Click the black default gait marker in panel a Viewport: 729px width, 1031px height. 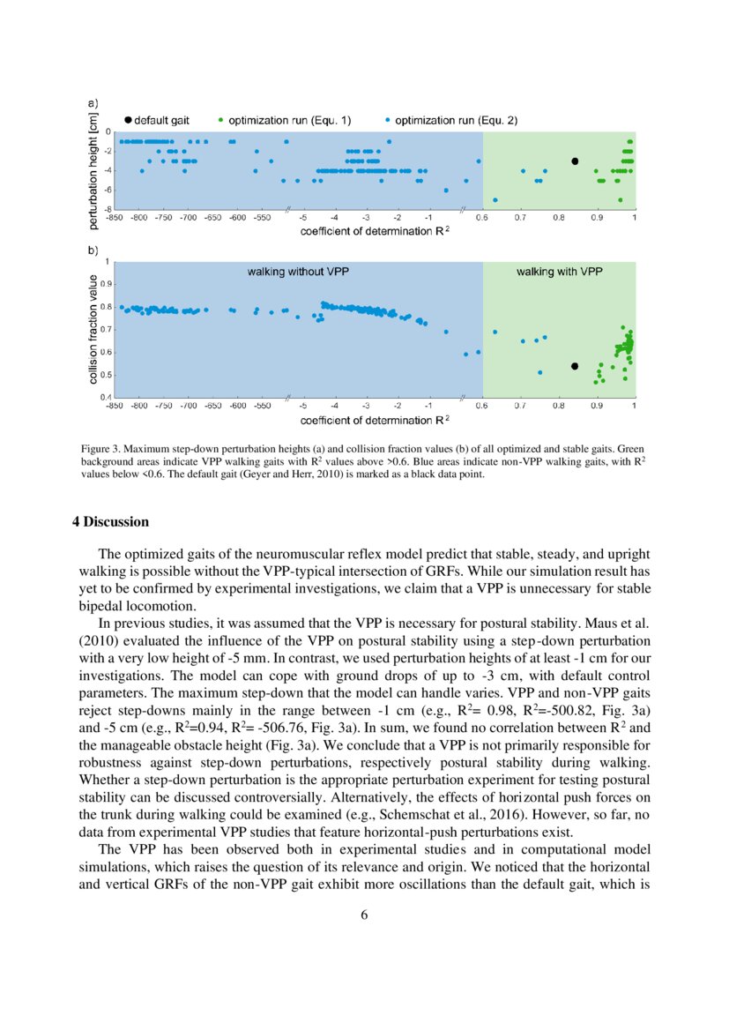tap(575, 161)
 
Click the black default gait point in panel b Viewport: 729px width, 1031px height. tap(575, 366)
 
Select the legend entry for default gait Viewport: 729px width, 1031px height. tap(159, 120)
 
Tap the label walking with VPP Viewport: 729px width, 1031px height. tap(559, 272)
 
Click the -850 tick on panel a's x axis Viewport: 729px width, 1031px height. tap(114, 217)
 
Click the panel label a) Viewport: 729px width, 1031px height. tap(93, 103)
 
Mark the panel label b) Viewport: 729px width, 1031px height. tap(93, 251)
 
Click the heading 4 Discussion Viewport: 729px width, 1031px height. tap(110, 522)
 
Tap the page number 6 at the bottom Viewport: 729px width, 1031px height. tap(364, 915)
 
